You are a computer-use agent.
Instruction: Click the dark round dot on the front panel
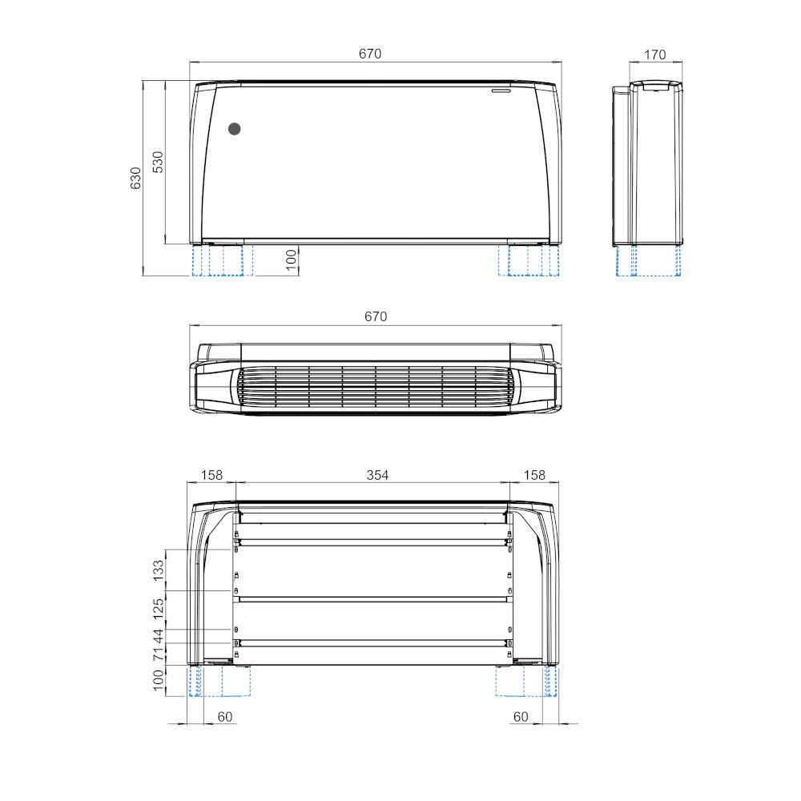point(235,129)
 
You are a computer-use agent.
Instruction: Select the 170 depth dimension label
point(655,54)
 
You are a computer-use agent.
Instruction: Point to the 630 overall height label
point(135,179)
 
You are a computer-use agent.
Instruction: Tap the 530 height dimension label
point(158,162)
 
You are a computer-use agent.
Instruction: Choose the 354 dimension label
point(377,475)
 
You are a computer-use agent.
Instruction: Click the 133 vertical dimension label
point(159,570)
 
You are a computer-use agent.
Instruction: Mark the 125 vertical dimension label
point(159,609)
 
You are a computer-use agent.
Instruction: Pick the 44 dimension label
point(159,637)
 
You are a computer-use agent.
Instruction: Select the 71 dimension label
point(159,654)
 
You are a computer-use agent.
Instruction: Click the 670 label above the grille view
point(376,316)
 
